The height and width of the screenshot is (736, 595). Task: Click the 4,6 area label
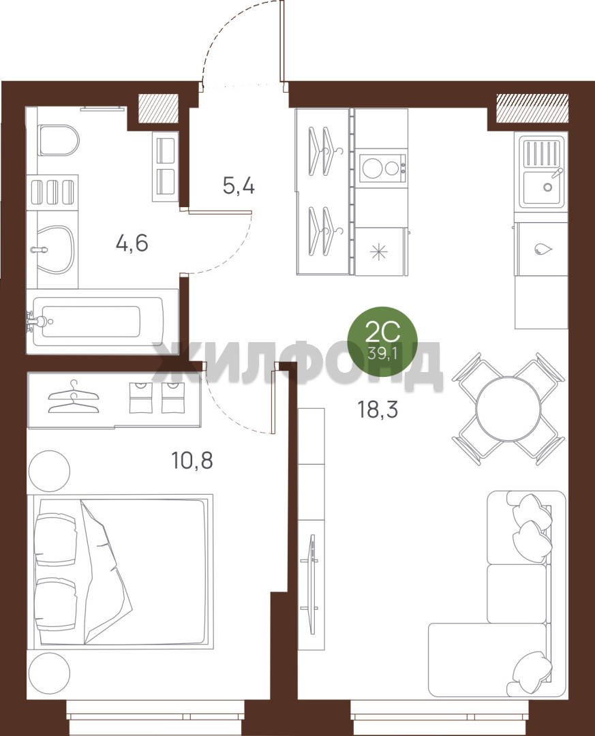click(132, 243)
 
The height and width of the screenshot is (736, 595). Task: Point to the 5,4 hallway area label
click(239, 186)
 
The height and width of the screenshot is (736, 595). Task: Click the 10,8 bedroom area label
click(192, 461)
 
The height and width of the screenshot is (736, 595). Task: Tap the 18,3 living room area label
click(378, 410)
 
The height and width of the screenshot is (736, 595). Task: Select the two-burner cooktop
click(381, 168)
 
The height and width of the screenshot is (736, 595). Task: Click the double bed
click(121, 570)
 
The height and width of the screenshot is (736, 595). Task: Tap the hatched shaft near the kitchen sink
click(532, 107)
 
